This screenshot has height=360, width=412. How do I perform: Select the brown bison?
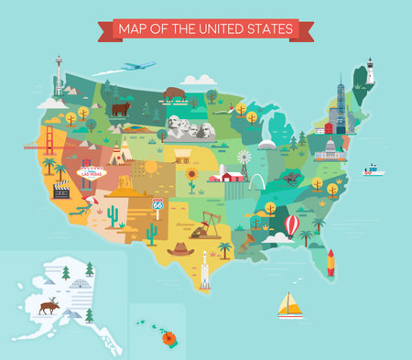[x=174, y=93]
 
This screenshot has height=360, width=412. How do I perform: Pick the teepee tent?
[x=116, y=157]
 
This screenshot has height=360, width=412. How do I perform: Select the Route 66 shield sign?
[x=157, y=204]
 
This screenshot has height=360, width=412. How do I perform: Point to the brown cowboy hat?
[x=180, y=248]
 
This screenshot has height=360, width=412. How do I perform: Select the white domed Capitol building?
[x=331, y=149]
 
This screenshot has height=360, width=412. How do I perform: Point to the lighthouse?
[x=371, y=71]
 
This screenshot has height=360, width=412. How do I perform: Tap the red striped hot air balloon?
[x=292, y=224]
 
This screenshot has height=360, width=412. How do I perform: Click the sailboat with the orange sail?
[x=290, y=305]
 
